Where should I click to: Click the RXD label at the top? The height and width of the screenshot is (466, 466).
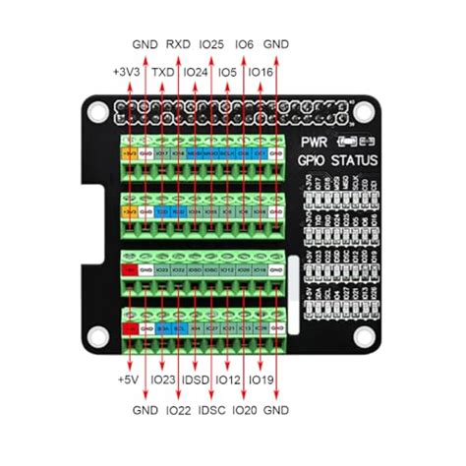pyautogui.click(x=178, y=44)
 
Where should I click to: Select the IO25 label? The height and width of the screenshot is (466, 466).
pyautogui.click(x=211, y=44)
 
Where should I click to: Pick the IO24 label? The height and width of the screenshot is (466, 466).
pyautogui.click(x=196, y=72)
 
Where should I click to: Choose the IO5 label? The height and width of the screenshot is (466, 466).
pyautogui.click(x=228, y=72)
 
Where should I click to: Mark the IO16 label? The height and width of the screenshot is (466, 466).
pyautogui.click(x=261, y=72)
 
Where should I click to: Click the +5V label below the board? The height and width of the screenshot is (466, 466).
pyautogui.click(x=127, y=379)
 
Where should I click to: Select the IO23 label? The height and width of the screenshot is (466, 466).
pyautogui.click(x=164, y=379)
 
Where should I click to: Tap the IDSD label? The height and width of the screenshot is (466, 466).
pyautogui.click(x=196, y=379)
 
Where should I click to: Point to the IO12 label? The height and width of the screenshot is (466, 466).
pyautogui.click(x=228, y=379)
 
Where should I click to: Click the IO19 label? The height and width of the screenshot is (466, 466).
pyautogui.click(x=261, y=379)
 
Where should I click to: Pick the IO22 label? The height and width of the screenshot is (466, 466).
pyautogui.click(x=178, y=408)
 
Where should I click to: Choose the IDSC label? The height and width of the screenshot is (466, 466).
pyautogui.click(x=211, y=408)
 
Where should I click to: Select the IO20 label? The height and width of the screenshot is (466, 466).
pyautogui.click(x=244, y=408)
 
